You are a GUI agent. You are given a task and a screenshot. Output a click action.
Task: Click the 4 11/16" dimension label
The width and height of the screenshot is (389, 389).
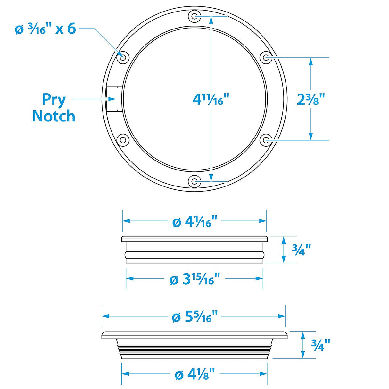[x=211, y=99]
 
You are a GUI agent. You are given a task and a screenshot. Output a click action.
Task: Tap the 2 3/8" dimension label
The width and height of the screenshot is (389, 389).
[x=311, y=99]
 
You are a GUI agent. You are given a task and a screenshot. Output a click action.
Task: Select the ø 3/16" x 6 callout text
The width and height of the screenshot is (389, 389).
[x=46, y=29]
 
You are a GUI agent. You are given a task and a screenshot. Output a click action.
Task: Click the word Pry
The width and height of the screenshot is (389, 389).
[x=54, y=100]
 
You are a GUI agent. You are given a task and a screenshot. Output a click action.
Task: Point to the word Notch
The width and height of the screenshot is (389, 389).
[x=54, y=116]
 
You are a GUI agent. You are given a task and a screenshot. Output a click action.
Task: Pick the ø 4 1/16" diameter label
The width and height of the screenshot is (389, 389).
[x=195, y=221]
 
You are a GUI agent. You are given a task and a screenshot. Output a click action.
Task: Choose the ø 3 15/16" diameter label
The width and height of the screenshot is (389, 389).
[x=195, y=279]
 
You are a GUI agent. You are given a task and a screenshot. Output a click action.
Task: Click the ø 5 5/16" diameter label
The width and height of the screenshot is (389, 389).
[x=195, y=317]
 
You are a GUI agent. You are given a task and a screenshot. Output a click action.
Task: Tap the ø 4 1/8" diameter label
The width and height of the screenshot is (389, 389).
[x=195, y=374]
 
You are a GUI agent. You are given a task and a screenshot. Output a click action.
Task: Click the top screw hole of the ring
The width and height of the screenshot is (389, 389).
[x=194, y=16]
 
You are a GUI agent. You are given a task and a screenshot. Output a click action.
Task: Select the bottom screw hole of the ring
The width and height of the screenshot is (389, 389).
[x=194, y=182]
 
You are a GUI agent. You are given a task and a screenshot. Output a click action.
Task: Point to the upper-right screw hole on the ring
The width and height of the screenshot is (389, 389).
[x=266, y=58]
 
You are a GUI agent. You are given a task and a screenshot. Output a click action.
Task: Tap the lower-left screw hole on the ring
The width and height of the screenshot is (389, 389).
[x=123, y=140]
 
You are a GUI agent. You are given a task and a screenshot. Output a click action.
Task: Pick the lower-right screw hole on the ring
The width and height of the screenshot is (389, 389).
[x=266, y=140]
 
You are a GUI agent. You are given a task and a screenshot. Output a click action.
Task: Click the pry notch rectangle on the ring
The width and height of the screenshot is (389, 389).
[x=114, y=99]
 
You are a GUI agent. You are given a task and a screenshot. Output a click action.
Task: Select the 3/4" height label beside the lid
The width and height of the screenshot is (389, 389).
[x=302, y=250]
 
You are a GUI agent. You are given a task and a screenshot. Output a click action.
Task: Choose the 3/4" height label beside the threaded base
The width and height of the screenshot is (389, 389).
[x=321, y=345]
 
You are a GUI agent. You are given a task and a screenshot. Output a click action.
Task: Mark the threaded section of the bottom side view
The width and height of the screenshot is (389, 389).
[x=194, y=350]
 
